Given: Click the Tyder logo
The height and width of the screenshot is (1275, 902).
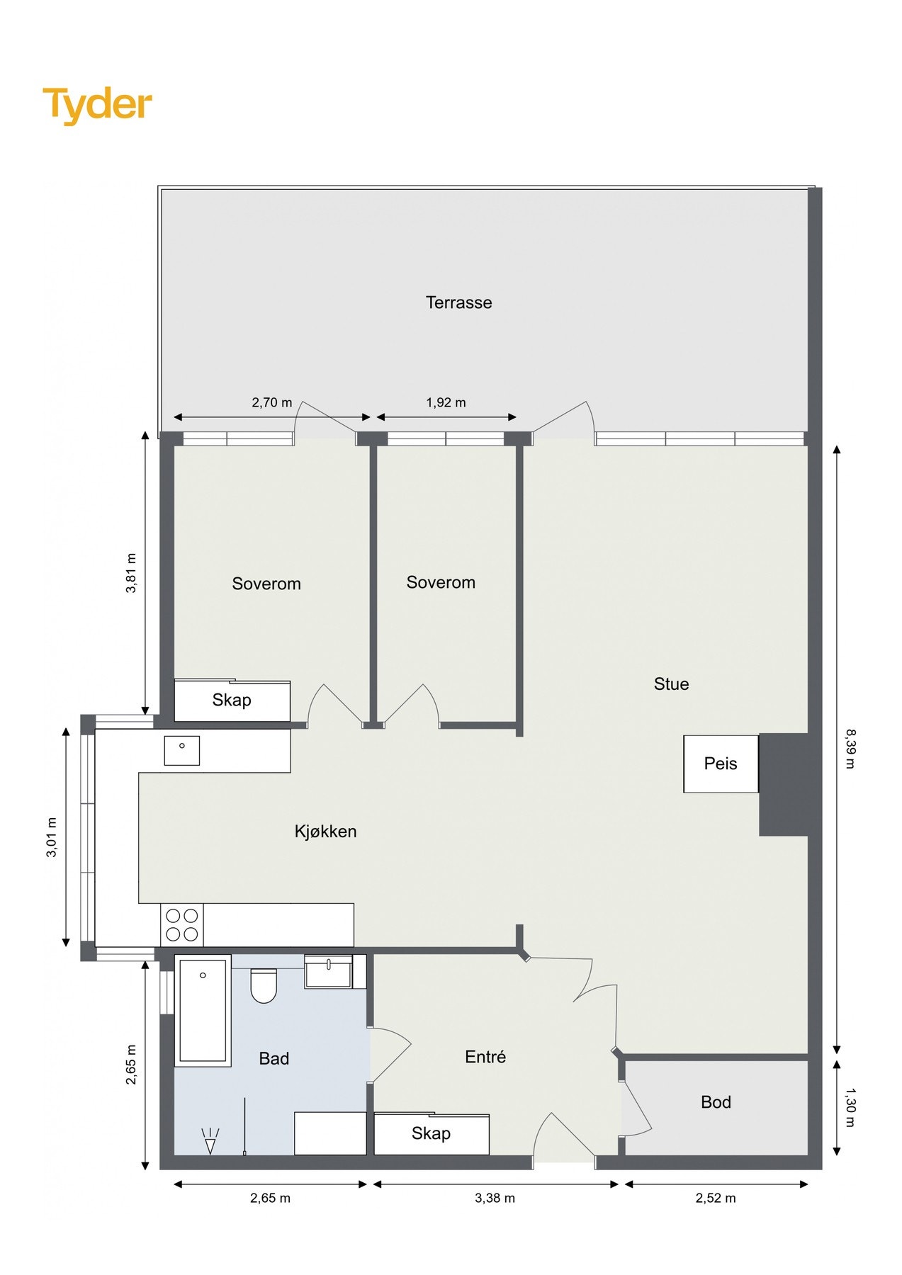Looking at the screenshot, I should pyautogui.click(x=98, y=105).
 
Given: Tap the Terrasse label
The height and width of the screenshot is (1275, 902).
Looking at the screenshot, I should pyautogui.click(x=458, y=302).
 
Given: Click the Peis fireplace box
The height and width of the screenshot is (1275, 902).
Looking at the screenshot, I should pyautogui.click(x=721, y=764).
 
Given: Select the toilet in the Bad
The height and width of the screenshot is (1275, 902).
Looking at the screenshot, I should pyautogui.click(x=264, y=985).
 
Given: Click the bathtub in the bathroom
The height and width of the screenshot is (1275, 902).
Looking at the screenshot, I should pyautogui.click(x=203, y=1010).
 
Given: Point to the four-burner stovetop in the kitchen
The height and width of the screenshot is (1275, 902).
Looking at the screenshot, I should pyautogui.click(x=182, y=925).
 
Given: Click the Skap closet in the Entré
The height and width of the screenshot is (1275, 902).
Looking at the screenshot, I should pyautogui.click(x=432, y=1133).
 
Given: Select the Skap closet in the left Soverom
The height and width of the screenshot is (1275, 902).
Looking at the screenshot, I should pyautogui.click(x=232, y=701).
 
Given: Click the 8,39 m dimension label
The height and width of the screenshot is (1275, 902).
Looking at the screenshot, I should pyautogui.click(x=850, y=748).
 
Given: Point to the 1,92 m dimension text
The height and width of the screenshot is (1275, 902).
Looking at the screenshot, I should pyautogui.click(x=446, y=402).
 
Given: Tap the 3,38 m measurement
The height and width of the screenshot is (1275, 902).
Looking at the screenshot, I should pyautogui.click(x=495, y=1198).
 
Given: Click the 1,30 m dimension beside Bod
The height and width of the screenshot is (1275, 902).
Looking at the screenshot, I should pyautogui.click(x=850, y=1107).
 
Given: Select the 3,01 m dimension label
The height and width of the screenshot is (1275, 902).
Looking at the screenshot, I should pyautogui.click(x=52, y=837).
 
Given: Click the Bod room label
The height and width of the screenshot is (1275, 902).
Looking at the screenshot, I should pyautogui.click(x=716, y=1102).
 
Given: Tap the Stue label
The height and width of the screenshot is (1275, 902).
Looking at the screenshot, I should pyautogui.click(x=671, y=684).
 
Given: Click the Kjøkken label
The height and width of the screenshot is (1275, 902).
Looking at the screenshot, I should pyautogui.click(x=325, y=832).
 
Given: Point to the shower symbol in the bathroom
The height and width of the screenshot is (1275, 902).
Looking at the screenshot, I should pyautogui.click(x=210, y=1140).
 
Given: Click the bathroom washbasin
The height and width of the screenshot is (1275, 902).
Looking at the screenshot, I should pyautogui.click(x=329, y=970).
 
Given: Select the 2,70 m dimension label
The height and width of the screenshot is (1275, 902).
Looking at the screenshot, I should pyautogui.click(x=271, y=402).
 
